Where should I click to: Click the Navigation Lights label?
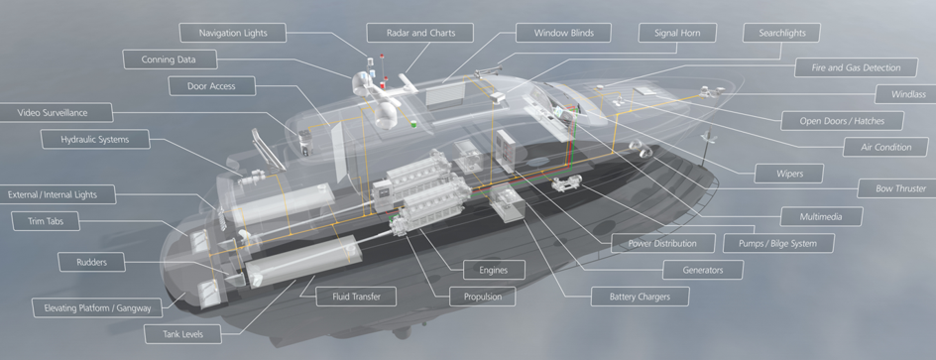233,33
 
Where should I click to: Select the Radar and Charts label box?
419,33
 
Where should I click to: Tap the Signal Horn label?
677,33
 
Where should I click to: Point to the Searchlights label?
781,33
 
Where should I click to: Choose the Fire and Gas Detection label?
856,67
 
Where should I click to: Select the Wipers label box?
789,174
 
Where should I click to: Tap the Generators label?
703,270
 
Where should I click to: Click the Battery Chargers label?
640,297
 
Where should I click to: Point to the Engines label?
494,270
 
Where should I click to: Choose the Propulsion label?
483,297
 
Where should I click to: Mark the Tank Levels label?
182,334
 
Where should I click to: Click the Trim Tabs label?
46,221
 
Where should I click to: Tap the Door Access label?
211,86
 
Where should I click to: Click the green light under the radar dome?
412,124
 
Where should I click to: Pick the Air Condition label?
885,147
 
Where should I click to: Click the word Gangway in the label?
133,308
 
